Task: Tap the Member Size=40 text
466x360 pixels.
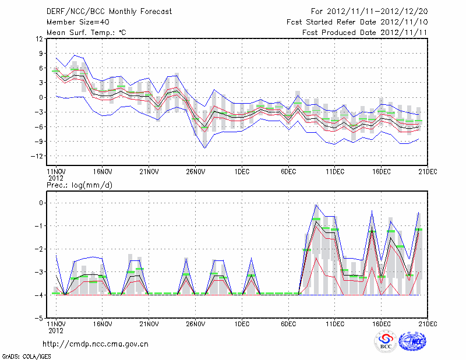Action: (x=77, y=22)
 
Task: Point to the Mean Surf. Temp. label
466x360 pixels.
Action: (x=86, y=33)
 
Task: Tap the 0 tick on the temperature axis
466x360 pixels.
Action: (x=41, y=97)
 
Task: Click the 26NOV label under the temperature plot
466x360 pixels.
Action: (x=196, y=172)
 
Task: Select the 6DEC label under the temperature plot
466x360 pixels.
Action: (x=289, y=172)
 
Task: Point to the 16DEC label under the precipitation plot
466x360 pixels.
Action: (x=382, y=324)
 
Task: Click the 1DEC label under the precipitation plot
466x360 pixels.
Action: (x=242, y=324)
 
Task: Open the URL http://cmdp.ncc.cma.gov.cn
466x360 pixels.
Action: (x=96, y=344)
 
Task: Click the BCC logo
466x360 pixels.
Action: (x=386, y=341)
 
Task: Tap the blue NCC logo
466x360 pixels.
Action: (x=414, y=341)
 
